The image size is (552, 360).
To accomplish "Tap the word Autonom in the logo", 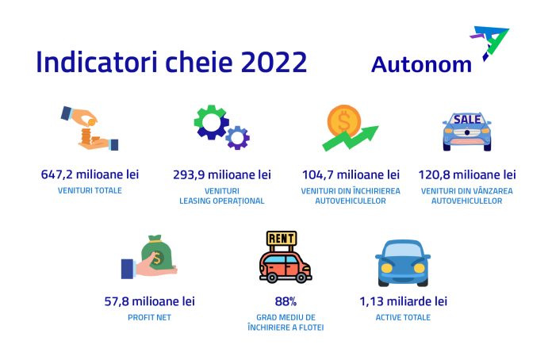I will click(x=421, y=64).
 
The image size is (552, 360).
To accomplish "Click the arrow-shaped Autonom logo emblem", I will click(x=491, y=44).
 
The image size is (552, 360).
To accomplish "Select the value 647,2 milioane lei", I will click(x=89, y=174).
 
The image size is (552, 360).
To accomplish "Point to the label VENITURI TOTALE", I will click(x=90, y=190).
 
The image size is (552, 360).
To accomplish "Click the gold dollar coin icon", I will click(x=344, y=121).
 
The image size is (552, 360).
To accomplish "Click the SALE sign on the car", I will click(x=466, y=119).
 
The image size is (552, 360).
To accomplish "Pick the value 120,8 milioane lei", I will click(x=467, y=174).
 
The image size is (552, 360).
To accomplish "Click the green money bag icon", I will click(x=157, y=255).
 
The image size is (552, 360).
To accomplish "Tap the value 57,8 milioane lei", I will click(x=149, y=301).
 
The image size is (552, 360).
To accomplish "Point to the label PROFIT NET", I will click(x=149, y=317).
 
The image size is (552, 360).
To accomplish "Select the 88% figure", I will click(x=286, y=301).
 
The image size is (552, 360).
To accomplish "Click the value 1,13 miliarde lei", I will click(x=403, y=301).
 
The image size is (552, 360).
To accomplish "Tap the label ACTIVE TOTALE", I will click(x=403, y=317).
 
